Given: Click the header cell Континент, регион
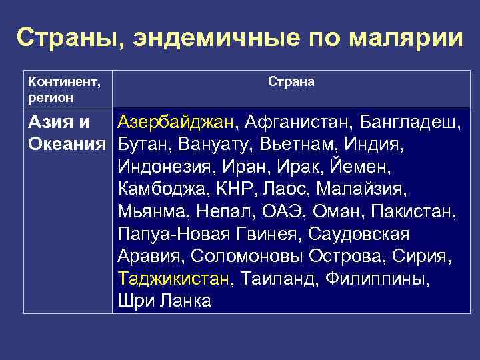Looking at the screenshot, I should click(x=64, y=90).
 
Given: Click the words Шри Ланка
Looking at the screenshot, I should click(x=164, y=301).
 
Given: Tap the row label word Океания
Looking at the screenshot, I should click(x=67, y=144).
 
